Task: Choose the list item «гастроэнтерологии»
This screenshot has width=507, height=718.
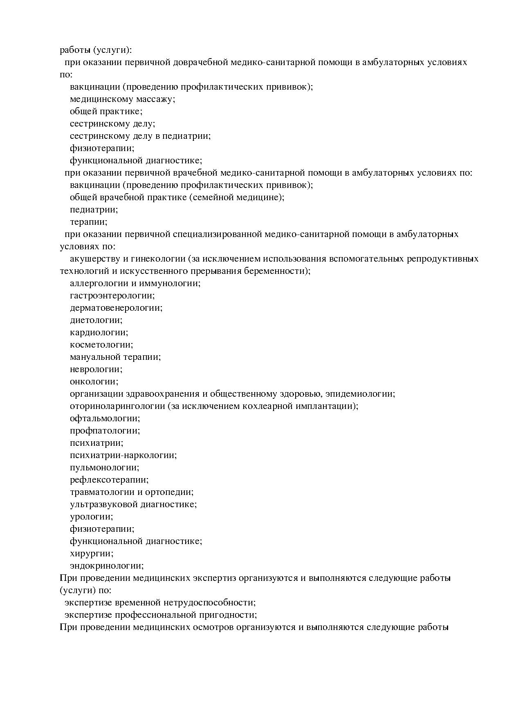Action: coord(112,296)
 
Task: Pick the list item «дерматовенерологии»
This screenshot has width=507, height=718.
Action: coord(116,308)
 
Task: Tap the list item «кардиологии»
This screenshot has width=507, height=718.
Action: coord(99,333)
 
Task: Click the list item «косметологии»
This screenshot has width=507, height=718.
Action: coord(101,345)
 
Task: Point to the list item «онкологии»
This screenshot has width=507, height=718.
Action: coord(94,382)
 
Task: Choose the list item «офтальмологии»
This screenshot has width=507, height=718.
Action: coord(105,419)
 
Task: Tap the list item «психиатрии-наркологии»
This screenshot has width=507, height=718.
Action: coord(123,456)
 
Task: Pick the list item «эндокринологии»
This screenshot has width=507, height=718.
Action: coord(106,566)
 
